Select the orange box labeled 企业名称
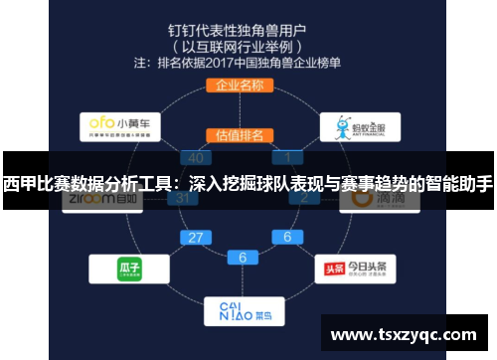[239, 86]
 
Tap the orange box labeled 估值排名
[239, 134]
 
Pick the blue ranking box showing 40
[195, 157]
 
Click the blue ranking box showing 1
[288, 157]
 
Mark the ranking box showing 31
[182, 197]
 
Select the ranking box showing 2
[304, 197]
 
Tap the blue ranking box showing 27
[195, 238]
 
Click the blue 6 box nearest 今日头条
[288, 238]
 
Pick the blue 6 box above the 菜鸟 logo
[242, 257]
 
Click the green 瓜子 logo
[122, 269]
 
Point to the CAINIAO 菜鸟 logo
[241, 310]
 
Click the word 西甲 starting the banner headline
[19, 184]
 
